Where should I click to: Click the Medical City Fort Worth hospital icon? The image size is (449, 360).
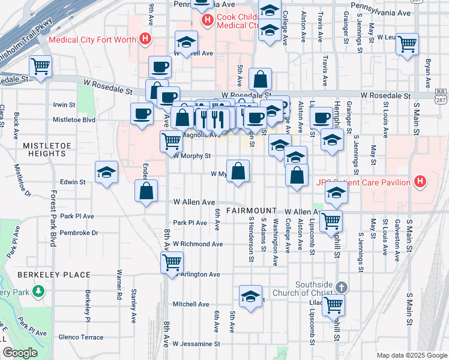click(144, 40)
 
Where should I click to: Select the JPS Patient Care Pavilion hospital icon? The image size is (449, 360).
click(420, 182)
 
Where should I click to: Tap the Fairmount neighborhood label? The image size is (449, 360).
click(251, 211)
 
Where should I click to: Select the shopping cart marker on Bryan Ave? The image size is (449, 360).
click(407, 44)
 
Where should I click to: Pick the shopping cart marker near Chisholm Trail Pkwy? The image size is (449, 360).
click(40, 66)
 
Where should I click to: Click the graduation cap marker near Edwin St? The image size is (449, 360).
click(107, 173)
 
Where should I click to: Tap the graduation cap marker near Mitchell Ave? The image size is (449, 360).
click(250, 296)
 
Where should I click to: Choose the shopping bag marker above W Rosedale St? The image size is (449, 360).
click(260, 79)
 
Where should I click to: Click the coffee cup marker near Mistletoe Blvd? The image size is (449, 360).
click(142, 113)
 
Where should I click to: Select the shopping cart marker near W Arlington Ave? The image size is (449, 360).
click(172, 262)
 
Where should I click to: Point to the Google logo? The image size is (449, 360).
click(19, 353)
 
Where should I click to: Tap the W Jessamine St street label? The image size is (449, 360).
click(197, 344)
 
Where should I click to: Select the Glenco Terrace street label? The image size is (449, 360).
click(81, 337)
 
